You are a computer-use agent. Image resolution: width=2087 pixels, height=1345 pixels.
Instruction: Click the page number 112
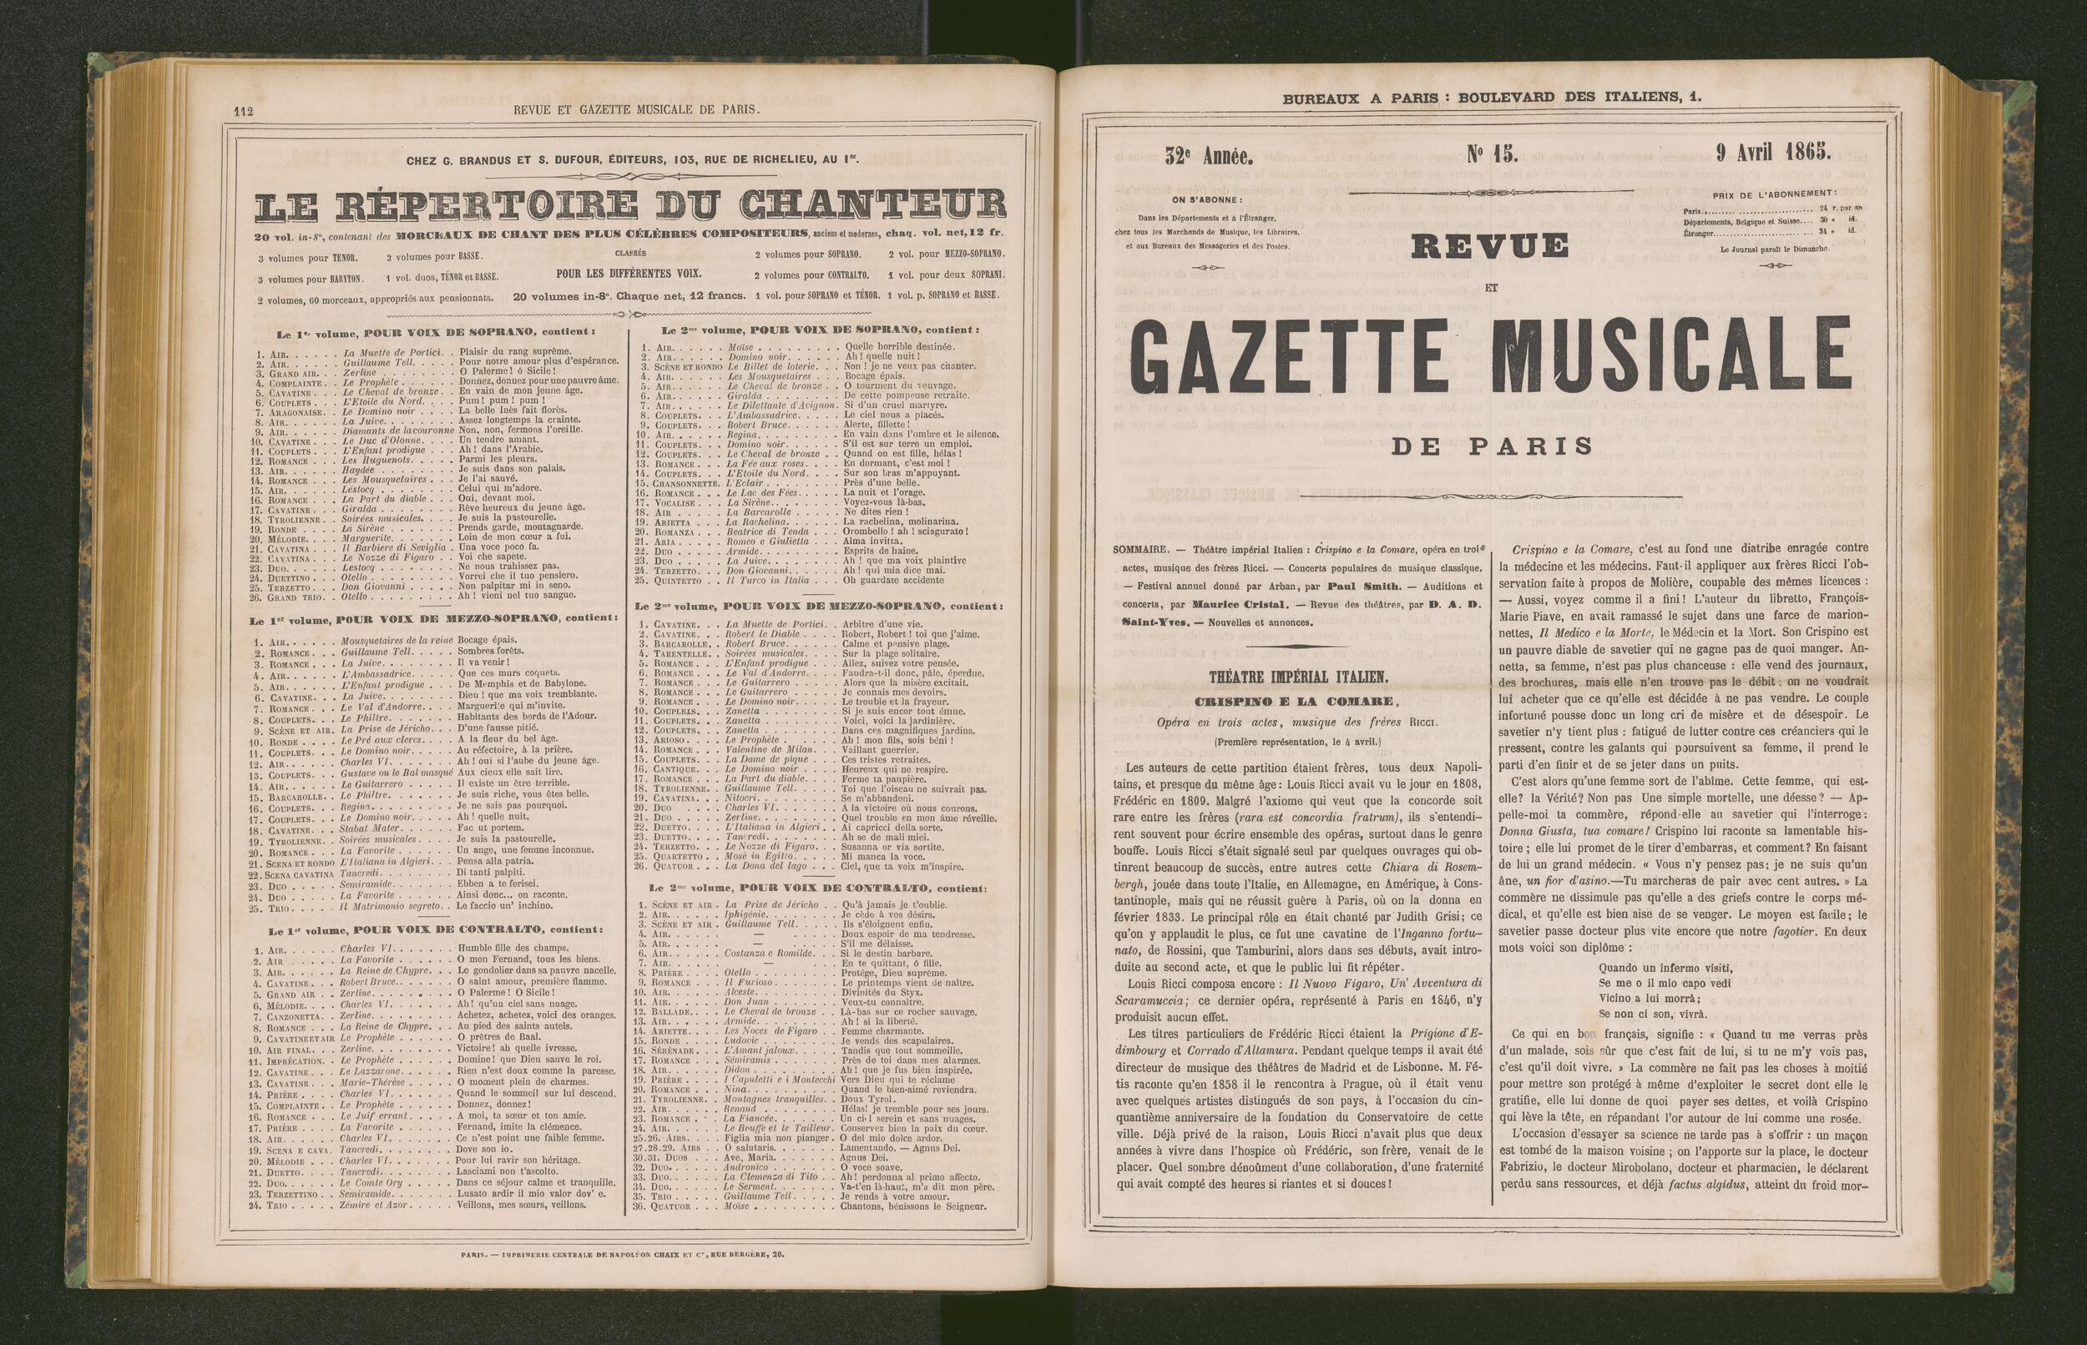(242, 111)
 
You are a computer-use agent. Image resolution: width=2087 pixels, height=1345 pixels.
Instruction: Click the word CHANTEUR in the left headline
(872, 206)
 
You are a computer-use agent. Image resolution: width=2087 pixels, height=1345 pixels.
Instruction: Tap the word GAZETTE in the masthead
(1311, 359)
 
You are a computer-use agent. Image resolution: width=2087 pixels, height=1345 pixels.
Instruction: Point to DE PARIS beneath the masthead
(1491, 446)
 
